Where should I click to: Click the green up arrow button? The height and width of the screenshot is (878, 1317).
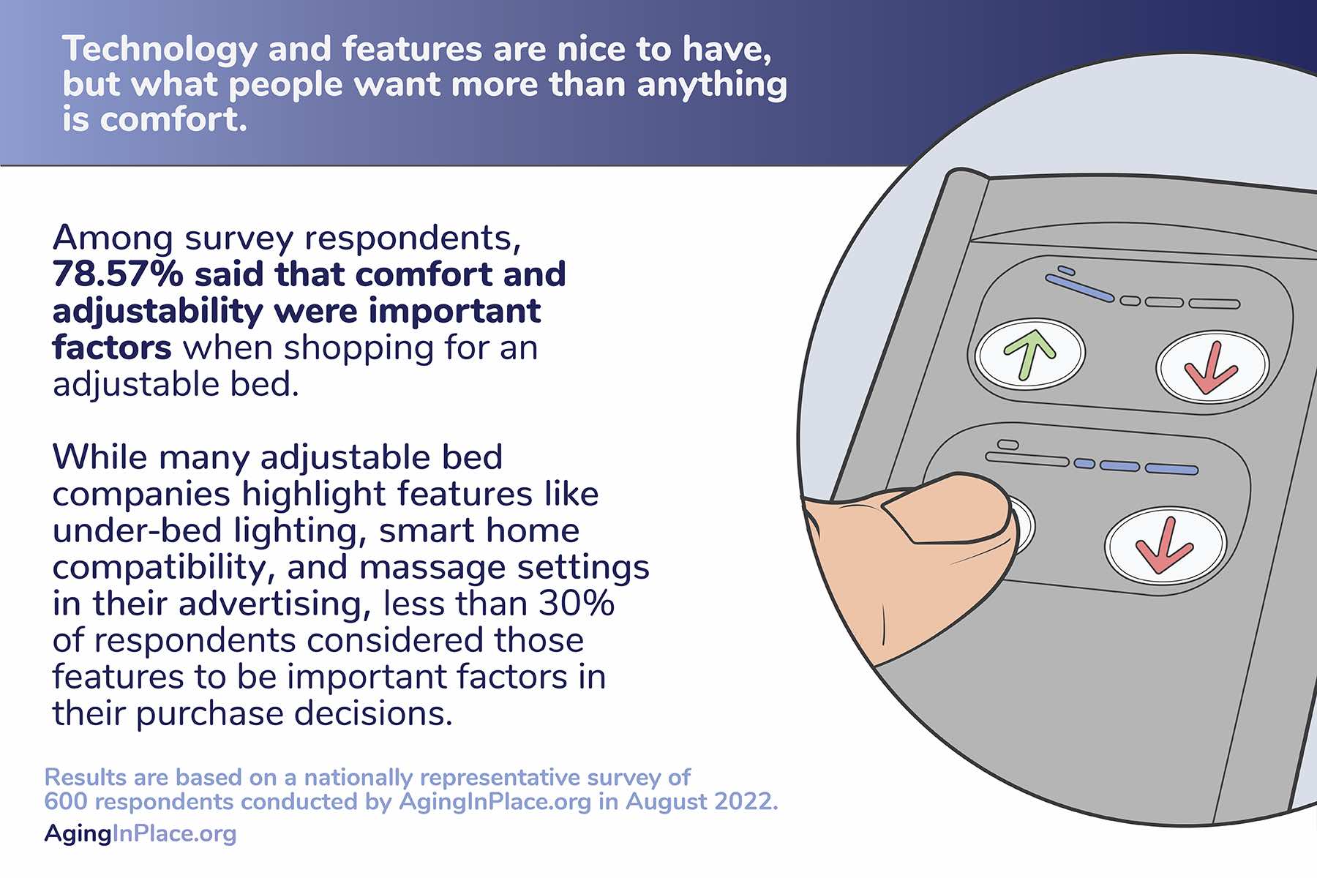pyautogui.click(x=1030, y=353)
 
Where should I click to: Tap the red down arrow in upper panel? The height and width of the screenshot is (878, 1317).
pyautogui.click(x=1212, y=367)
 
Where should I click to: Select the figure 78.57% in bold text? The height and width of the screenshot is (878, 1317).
pyautogui.click(x=118, y=274)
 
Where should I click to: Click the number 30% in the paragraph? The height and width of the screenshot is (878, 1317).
pyautogui.click(x=577, y=604)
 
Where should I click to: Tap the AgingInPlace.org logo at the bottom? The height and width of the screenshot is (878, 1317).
pyautogui.click(x=140, y=833)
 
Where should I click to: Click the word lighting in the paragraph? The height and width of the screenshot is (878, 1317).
pyautogui.click(x=300, y=532)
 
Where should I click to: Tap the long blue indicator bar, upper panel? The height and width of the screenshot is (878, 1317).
pyautogui.click(x=1079, y=288)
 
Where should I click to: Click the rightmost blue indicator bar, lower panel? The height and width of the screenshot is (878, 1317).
pyautogui.click(x=1171, y=469)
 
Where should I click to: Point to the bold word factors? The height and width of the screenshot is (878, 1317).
pyautogui.click(x=112, y=348)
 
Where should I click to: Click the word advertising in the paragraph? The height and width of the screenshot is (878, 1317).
pyautogui.click(x=270, y=605)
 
